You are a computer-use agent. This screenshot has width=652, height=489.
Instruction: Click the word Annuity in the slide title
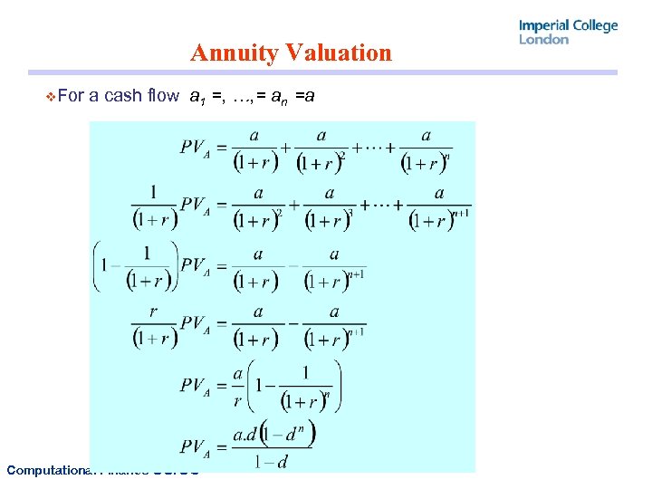[234, 53]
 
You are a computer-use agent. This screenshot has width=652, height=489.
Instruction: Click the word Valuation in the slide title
[338, 53]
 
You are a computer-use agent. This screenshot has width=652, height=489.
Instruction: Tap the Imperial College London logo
[568, 32]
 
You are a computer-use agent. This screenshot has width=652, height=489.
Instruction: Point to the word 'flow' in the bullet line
[163, 95]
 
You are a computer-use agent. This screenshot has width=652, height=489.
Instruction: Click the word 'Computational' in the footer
[45, 469]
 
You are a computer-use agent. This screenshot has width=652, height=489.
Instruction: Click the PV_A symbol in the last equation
[197, 446]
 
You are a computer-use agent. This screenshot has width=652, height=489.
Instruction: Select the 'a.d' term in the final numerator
[244, 435]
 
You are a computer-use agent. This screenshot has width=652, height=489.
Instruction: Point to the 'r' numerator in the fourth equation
[152, 311]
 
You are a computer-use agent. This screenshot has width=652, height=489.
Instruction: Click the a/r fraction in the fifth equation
[239, 385]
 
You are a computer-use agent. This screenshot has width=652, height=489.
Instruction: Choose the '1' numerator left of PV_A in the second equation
[153, 191]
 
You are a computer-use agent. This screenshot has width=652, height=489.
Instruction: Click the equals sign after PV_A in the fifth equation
[221, 385]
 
